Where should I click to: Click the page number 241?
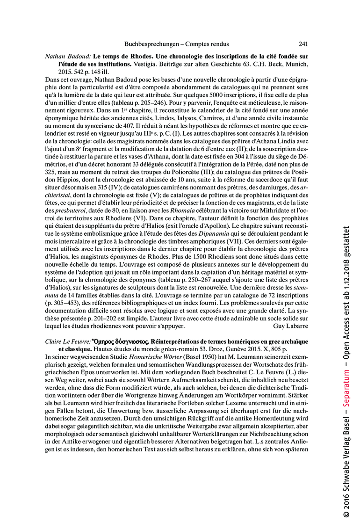303,44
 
